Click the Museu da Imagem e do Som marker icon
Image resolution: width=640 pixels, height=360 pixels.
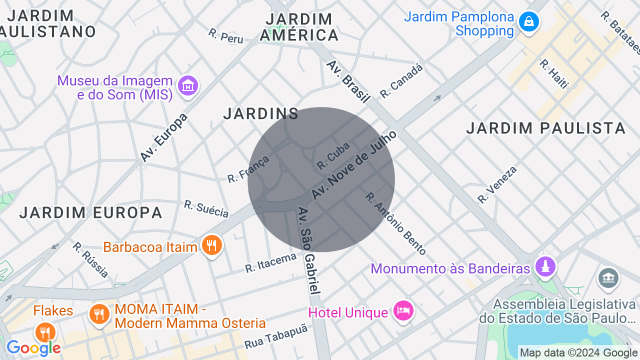pyautogui.click(x=188, y=86)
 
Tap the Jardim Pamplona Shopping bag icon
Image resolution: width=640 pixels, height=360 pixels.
pyautogui.click(x=528, y=21)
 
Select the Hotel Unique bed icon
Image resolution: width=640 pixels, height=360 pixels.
pyautogui.click(x=403, y=311)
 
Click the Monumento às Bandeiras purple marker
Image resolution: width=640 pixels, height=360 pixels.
pyautogui.click(x=545, y=266)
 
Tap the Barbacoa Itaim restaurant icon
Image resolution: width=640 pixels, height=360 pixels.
pyautogui.click(x=212, y=245)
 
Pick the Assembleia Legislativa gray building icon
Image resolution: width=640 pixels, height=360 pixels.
pyautogui.click(x=608, y=277)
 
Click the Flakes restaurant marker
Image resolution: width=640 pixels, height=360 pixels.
pyautogui.click(x=45, y=332)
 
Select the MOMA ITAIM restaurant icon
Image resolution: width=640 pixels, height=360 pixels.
pyautogui.click(x=99, y=314)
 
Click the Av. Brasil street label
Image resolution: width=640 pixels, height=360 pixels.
pyautogui.click(x=348, y=81)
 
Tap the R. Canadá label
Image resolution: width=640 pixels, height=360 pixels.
pyautogui.click(x=401, y=80)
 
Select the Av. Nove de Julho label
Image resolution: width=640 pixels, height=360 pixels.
pyautogui.click(x=354, y=164)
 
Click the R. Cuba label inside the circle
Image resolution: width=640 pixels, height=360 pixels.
pyautogui.click(x=333, y=155)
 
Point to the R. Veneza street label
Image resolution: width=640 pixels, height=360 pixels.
pyautogui.click(x=497, y=184)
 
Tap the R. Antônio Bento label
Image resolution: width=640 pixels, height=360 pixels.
pyautogui.click(x=395, y=223)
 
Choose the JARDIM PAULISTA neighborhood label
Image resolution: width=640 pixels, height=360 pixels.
pyautogui.click(x=545, y=128)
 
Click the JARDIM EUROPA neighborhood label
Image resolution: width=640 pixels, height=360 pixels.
pyautogui.click(x=91, y=212)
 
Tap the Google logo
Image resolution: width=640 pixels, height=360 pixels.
pyautogui.click(x=33, y=348)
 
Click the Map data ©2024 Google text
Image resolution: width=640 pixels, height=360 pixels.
pyautogui.click(x=578, y=353)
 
